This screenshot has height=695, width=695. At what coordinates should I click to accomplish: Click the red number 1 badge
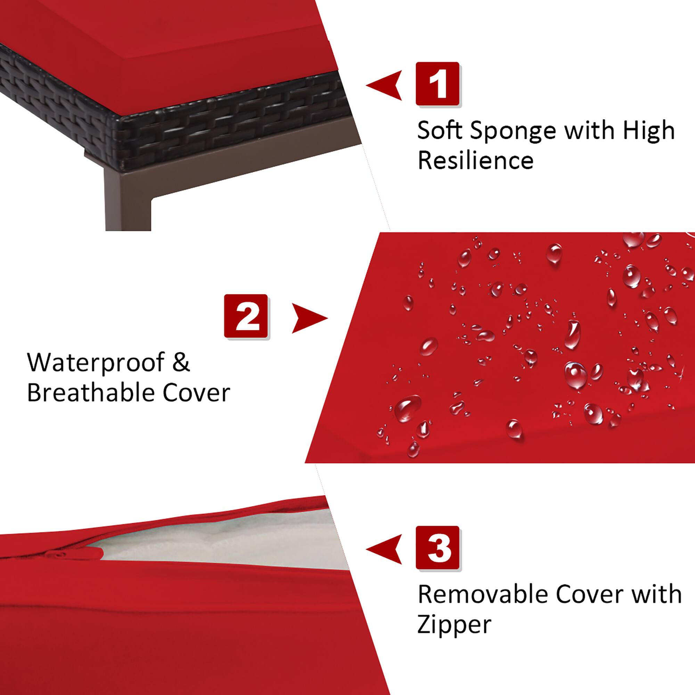[438, 83]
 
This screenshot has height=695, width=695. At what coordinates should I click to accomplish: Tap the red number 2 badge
[246, 316]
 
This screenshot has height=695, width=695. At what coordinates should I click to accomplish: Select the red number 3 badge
[438, 548]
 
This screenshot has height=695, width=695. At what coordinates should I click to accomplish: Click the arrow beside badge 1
[386, 85]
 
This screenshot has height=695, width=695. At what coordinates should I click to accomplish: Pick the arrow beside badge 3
[386, 549]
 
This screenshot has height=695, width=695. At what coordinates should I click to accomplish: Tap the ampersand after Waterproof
[180, 362]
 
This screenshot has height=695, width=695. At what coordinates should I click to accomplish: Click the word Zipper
[454, 625]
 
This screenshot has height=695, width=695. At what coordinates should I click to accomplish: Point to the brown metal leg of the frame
[128, 202]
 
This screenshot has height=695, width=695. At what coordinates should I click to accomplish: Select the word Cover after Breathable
[196, 393]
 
